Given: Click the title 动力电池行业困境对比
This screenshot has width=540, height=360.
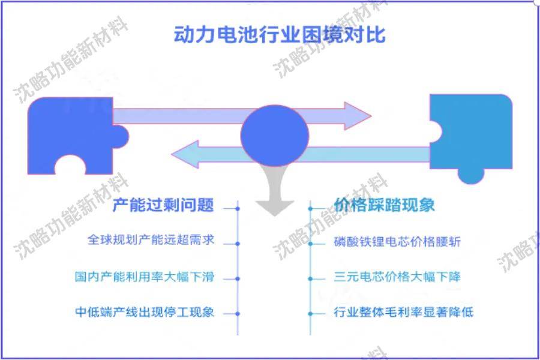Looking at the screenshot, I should [279, 34].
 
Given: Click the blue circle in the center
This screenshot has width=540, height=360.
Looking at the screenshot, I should [275, 133].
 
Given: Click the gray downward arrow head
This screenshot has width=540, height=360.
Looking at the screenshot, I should [275, 205].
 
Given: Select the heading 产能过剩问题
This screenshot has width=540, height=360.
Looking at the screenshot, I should [163, 205].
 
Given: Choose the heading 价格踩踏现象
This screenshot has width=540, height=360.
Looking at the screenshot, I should [384, 205].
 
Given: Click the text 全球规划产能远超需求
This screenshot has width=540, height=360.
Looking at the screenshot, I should [151, 240].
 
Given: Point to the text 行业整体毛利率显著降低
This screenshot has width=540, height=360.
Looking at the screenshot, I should [404, 313].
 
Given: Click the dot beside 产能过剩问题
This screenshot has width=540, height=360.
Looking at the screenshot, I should [238, 209].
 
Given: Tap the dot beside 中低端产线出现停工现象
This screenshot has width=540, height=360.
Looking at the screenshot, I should [238, 313].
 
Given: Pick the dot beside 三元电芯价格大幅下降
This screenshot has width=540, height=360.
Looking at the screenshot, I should [311, 279].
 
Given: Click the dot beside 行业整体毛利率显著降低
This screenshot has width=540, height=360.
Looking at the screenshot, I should [311, 313].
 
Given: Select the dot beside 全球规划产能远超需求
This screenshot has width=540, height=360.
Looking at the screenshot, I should [238, 244].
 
